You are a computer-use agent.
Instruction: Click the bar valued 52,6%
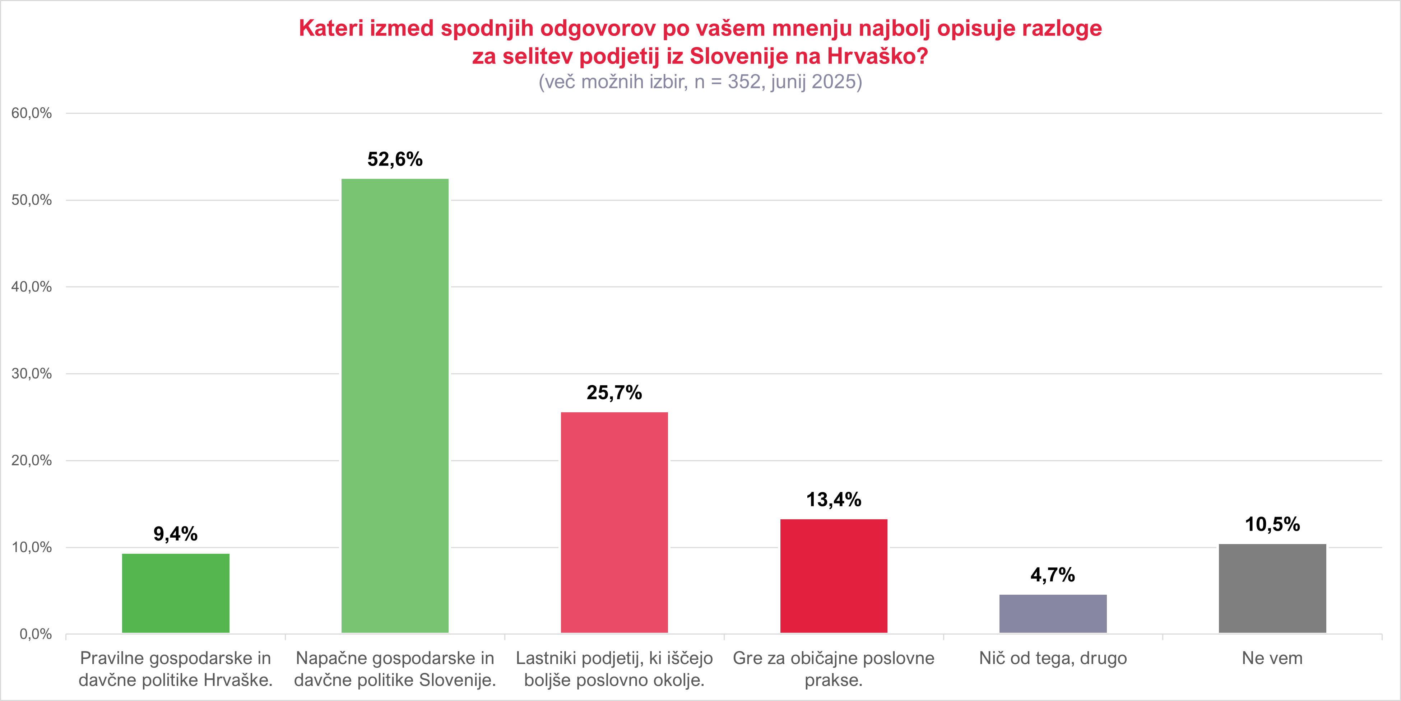point(395,405)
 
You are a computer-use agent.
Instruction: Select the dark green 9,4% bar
point(176,593)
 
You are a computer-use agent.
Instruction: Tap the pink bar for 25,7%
point(614,522)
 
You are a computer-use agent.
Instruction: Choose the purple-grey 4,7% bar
point(1053,613)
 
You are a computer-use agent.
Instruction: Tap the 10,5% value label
point(1272,524)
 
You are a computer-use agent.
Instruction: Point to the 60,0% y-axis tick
point(32,113)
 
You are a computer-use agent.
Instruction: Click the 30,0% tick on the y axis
point(32,373)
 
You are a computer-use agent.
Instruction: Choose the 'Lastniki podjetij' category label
point(614,669)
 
